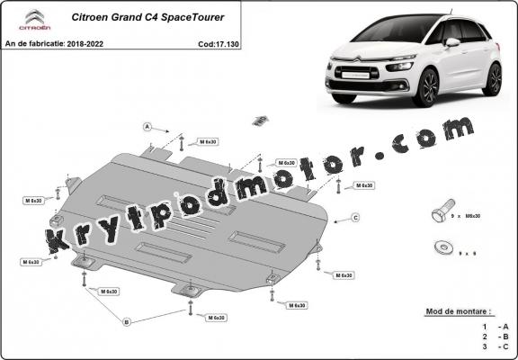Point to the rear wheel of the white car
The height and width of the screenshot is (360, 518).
click(x=492, y=78)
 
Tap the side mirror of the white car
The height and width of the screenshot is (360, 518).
click(x=451, y=42)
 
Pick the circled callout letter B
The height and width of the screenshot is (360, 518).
click(x=126, y=321)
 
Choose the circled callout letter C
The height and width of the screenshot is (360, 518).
click(x=355, y=218)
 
